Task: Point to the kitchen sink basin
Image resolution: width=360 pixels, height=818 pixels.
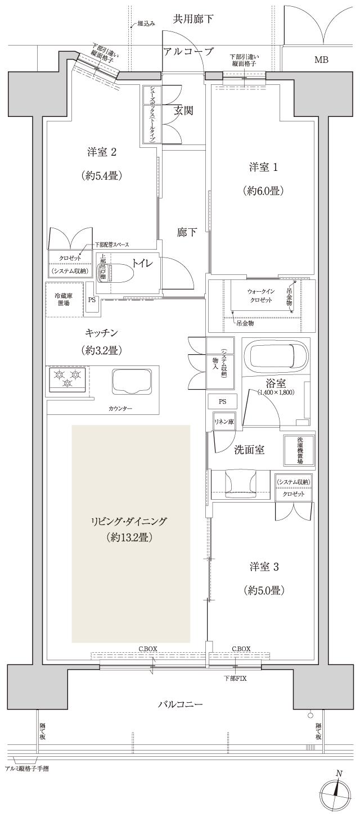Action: (132, 381)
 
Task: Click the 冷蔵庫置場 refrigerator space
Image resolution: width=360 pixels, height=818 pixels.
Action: (63, 299)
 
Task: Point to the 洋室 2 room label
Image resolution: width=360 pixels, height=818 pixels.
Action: (101, 152)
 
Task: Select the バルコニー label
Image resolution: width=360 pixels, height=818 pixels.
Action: (180, 703)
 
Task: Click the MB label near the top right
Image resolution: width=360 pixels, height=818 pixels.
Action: (321, 60)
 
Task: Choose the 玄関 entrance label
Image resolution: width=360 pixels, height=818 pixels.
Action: (183, 111)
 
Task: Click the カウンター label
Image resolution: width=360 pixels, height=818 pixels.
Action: (120, 408)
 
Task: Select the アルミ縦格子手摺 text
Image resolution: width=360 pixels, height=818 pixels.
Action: (26, 768)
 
